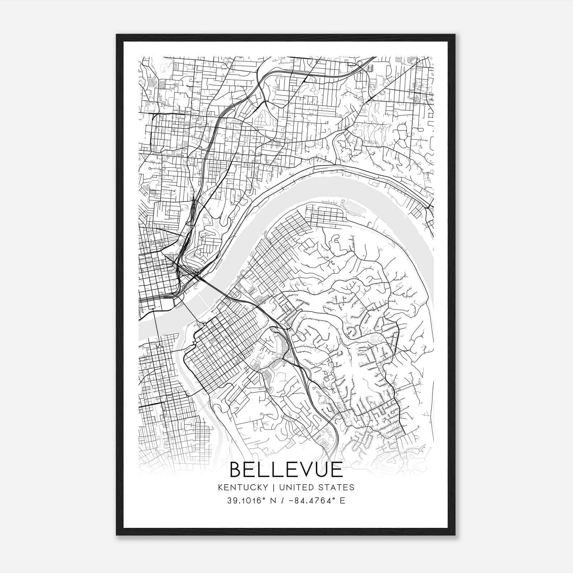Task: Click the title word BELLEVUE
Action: click(x=286, y=470)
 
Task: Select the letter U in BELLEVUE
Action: click(x=322, y=470)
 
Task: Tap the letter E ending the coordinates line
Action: click(x=343, y=501)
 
